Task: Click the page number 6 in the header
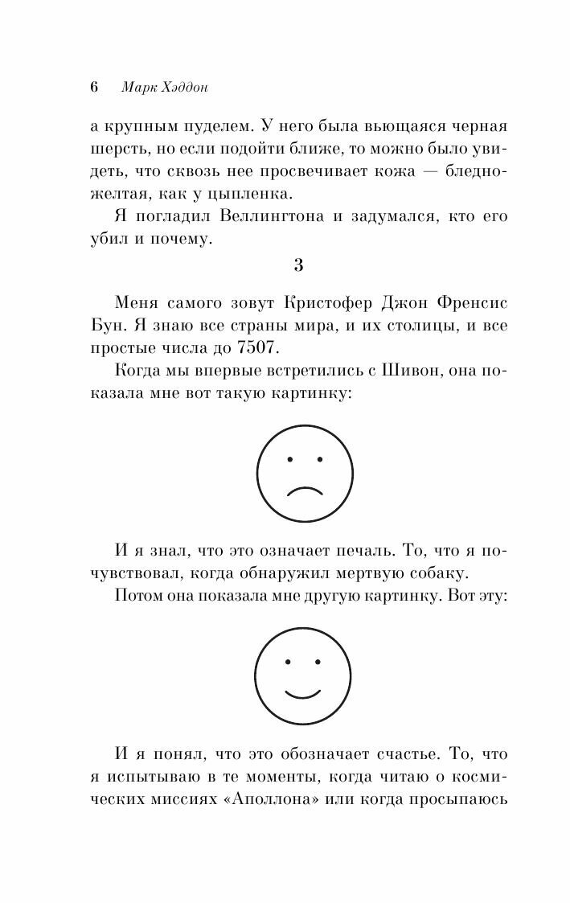click(93, 88)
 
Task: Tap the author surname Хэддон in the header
click(182, 88)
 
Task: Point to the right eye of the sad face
click(319, 459)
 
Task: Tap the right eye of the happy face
click(318, 663)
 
